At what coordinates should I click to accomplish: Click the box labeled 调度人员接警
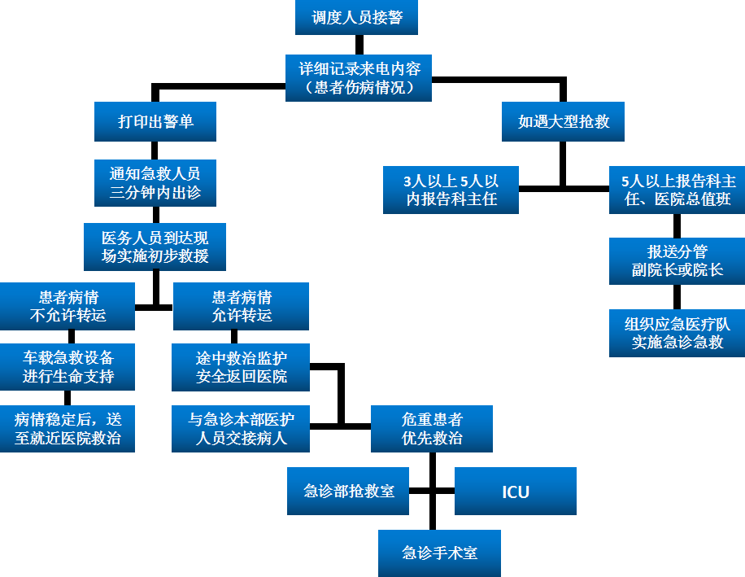tap(356, 17)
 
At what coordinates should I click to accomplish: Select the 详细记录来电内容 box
tap(358, 78)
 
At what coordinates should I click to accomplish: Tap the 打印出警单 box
tap(155, 122)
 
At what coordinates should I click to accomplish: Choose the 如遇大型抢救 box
tap(563, 122)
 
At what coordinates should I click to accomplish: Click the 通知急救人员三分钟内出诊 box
tap(155, 183)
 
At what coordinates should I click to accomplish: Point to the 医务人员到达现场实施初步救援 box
tap(155, 247)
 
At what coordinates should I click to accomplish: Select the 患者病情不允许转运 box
tap(68, 306)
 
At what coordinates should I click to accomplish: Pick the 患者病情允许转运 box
tap(241, 306)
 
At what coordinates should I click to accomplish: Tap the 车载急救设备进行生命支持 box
tap(68, 367)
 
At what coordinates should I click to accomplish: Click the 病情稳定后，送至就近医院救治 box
tap(68, 429)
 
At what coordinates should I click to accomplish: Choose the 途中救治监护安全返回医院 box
tap(241, 367)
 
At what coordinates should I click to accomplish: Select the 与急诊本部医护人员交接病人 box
tap(241, 429)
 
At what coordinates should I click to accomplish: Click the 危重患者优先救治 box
tap(431, 429)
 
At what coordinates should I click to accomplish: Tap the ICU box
tap(516, 491)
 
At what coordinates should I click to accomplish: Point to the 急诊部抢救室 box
tap(348, 491)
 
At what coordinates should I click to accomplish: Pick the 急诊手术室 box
tap(439, 553)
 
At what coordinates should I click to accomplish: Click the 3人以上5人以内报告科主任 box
tap(451, 190)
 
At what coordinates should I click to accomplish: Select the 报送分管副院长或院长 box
tap(677, 261)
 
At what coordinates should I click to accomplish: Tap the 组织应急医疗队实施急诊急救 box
tap(677, 333)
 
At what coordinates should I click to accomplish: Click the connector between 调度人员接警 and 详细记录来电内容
tap(359, 45)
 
